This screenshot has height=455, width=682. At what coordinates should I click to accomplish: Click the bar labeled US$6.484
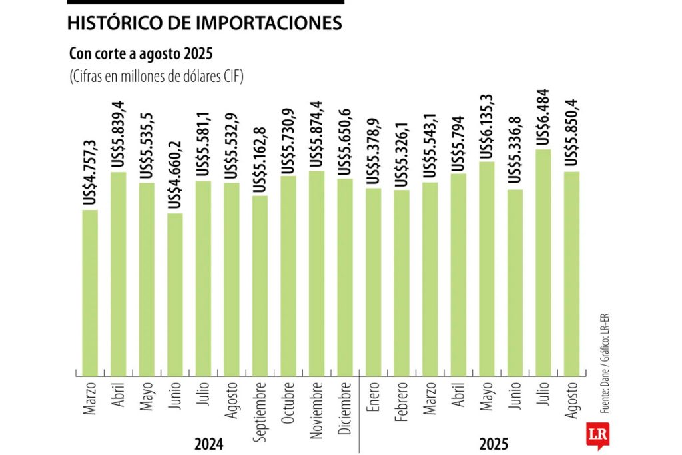(x=543, y=262)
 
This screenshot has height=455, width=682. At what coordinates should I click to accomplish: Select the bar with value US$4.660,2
(x=175, y=294)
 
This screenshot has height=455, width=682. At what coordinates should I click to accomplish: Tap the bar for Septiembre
(x=260, y=285)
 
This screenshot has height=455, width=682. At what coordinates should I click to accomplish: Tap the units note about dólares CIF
(x=157, y=77)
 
